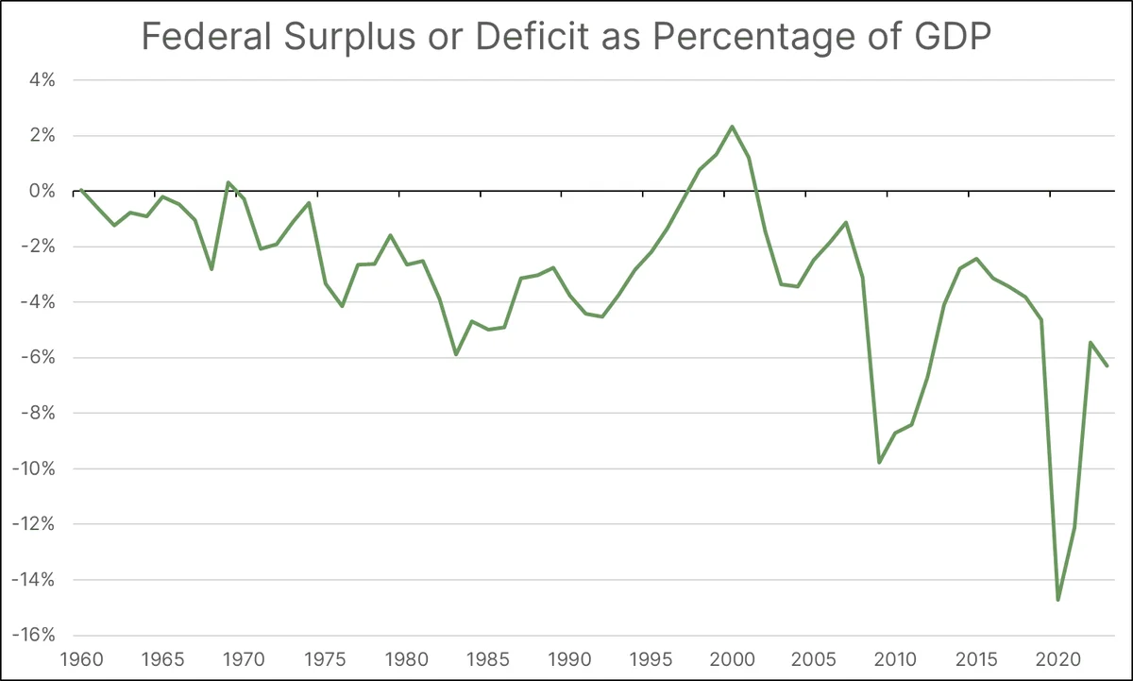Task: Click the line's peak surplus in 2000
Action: [x=732, y=127]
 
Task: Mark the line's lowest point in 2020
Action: [x=1057, y=599]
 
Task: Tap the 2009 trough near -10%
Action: [x=879, y=462]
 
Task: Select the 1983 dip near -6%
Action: [x=456, y=354]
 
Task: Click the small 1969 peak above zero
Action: [x=228, y=182]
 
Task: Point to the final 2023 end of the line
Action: [x=1107, y=366]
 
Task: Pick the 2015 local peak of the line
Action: [x=976, y=258]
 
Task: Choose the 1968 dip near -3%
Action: [x=211, y=269]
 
